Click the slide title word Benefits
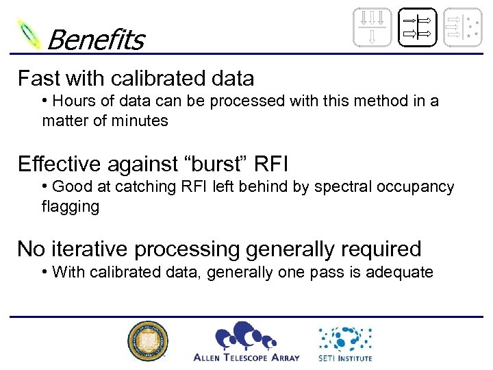pyautogui.click(x=95, y=40)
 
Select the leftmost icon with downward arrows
pyautogui.click(x=372, y=27)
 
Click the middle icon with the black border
pyautogui.click(x=416, y=27)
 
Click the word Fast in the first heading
pyautogui.click(x=36, y=78)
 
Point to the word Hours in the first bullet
pyautogui.click(x=72, y=101)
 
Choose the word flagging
pyautogui.click(x=71, y=206)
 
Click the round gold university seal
pyautogui.click(x=147, y=341)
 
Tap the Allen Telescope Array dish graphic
pyautogui.click(x=246, y=336)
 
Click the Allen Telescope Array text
pyautogui.click(x=246, y=357)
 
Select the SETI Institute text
pyautogui.click(x=344, y=357)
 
